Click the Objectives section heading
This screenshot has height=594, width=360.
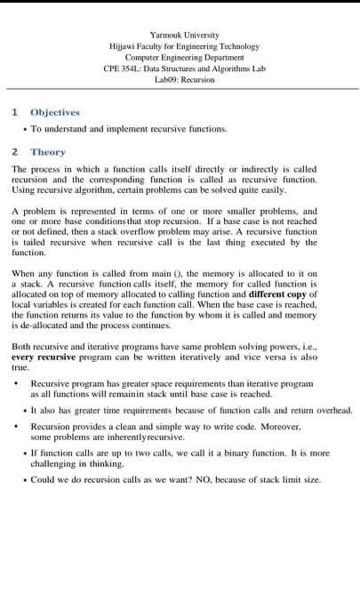pos(55,112)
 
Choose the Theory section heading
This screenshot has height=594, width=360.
pos(48,152)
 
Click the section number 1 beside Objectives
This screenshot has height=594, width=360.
pos(14,112)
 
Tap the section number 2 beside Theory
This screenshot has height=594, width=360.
pos(14,152)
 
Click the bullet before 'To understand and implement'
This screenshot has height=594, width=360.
pos(23,128)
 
